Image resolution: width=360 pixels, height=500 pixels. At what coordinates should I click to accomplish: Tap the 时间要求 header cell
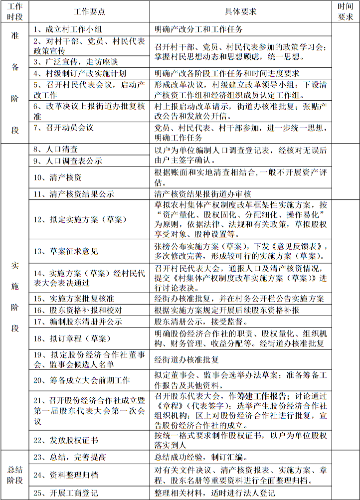346,11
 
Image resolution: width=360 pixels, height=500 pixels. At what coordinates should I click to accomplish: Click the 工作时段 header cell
15,11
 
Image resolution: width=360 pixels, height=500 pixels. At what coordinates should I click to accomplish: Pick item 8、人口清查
55,149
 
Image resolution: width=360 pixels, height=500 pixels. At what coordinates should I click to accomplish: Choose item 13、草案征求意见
66,251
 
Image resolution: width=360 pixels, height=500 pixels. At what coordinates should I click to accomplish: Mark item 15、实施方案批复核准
74,299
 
